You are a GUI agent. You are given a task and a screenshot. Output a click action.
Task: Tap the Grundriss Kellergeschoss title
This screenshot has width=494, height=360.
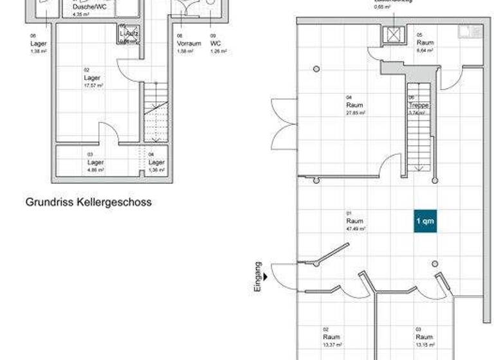coord(89,202)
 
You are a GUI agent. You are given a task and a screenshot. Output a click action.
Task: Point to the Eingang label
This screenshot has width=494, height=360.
coord(258,277)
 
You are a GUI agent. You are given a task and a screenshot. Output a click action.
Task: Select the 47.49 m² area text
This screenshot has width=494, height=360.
coord(356,228)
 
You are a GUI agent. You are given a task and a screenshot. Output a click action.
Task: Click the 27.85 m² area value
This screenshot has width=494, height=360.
coord(356,113)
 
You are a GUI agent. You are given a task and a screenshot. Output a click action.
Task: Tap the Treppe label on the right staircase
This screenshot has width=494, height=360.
coord(418,105)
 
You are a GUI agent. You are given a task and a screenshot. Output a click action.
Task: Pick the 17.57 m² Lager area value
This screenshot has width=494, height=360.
coord(93,85)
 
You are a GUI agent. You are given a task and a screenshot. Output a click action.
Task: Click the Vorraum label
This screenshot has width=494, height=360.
coord(188,44)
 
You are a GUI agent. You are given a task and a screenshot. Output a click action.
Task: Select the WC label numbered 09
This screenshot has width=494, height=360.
coord(215,44)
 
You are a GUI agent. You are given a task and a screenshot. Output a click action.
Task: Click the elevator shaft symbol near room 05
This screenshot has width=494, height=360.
coord(391,35)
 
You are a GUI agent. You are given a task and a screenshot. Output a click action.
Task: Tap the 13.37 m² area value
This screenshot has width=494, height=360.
coord(332,345)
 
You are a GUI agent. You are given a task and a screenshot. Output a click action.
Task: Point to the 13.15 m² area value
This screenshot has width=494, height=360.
coord(424,345)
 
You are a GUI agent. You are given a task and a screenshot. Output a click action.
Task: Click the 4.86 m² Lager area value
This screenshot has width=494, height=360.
coord(95,170)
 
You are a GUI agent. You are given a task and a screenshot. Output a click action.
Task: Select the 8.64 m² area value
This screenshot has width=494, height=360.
coord(425,49)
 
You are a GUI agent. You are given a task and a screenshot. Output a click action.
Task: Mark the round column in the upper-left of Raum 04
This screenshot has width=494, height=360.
coord(316,69)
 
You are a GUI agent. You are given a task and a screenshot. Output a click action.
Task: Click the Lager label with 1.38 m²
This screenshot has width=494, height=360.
coord(38,50)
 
